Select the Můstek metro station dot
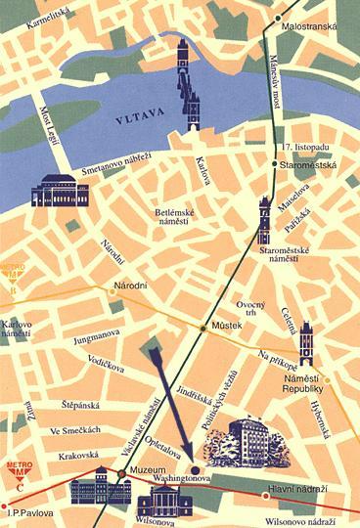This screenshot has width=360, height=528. pos(203,327)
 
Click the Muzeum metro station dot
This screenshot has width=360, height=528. pos(120,475)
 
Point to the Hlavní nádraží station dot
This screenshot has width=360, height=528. pos(265,496)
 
